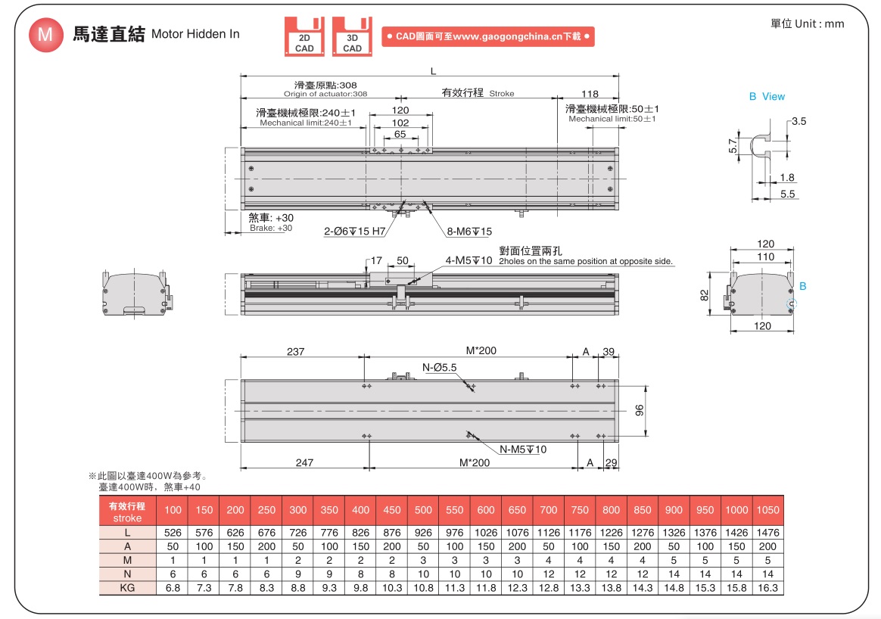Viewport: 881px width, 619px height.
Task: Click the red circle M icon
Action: tap(46, 34)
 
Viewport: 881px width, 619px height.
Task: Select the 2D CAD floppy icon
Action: tap(304, 36)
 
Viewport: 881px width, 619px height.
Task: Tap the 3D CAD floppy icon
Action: tap(352, 36)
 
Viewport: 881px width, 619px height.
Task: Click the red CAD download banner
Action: tap(487, 36)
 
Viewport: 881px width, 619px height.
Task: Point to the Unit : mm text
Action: tap(807, 23)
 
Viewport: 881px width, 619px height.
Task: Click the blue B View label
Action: tap(767, 96)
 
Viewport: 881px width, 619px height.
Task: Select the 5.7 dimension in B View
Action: tap(732, 145)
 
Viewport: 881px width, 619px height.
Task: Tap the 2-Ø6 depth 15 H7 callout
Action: tap(355, 232)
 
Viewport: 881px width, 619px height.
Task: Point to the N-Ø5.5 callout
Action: tap(440, 368)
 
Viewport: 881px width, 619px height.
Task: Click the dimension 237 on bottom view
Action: tap(296, 351)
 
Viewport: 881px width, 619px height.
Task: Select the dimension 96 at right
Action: tap(639, 410)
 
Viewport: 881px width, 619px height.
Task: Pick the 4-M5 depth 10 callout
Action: tap(469, 260)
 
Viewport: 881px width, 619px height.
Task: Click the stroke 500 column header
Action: tap(423, 509)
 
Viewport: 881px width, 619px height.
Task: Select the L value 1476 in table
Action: tap(767, 533)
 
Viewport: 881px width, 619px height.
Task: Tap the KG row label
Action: tap(127, 587)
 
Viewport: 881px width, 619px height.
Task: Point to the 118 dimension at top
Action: tap(590, 94)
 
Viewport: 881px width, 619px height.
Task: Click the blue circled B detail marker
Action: tap(792, 304)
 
